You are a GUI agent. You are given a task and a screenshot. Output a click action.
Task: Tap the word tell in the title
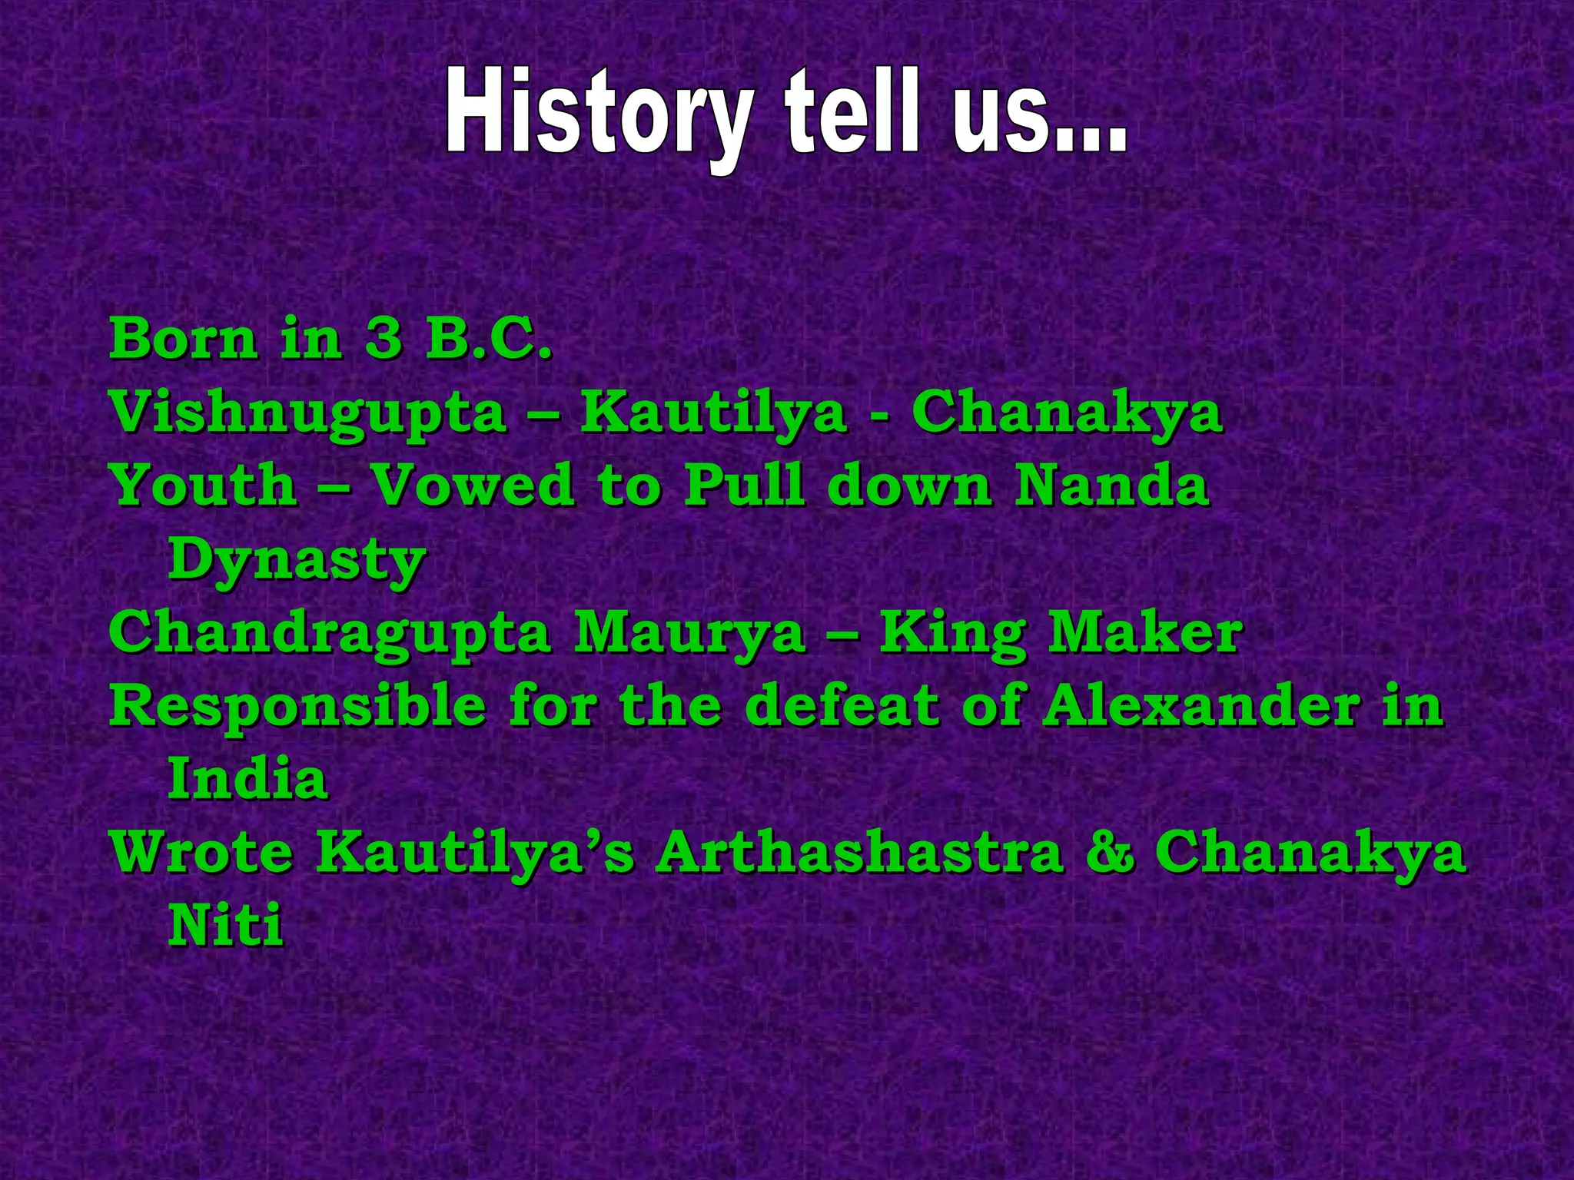click(851, 114)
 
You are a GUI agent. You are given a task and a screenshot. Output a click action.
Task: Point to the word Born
click(183, 338)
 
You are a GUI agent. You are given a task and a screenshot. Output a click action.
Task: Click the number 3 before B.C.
click(383, 338)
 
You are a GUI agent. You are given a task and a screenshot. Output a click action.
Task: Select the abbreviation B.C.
click(489, 338)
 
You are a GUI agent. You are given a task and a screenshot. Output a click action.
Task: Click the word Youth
click(204, 486)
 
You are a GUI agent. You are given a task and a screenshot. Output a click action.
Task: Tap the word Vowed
click(472, 486)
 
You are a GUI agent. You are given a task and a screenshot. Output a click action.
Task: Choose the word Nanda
click(1111, 486)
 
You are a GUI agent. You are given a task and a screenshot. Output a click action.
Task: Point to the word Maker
click(1145, 633)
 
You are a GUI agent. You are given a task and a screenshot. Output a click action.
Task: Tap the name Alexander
click(1200, 705)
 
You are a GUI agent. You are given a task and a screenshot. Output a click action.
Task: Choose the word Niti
click(225, 925)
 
